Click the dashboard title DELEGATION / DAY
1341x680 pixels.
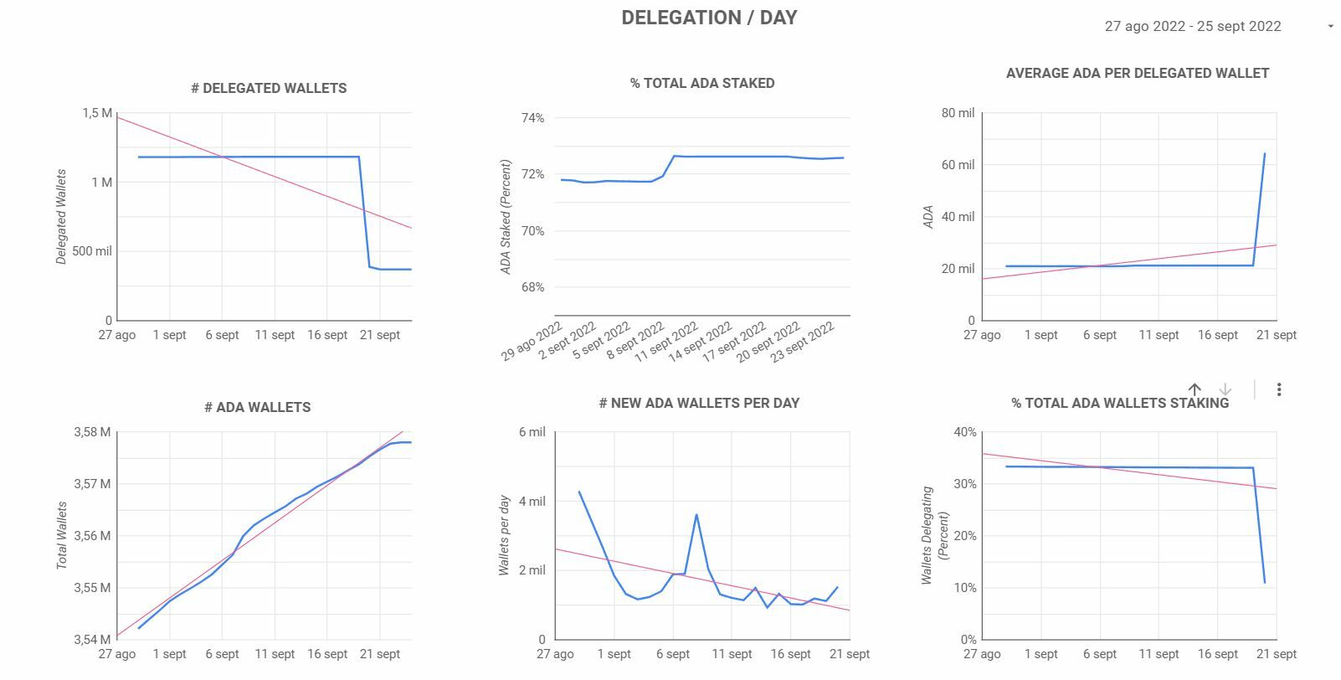coord(709,18)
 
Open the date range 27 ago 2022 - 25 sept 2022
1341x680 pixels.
coord(1192,26)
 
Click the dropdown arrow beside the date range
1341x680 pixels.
coord(1330,26)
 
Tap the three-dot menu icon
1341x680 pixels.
coord(1279,389)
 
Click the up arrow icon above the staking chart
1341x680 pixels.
coord(1195,389)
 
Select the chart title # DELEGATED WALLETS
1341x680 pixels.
coord(269,88)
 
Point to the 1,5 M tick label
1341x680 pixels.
coord(97,113)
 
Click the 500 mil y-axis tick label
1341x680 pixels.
coord(91,251)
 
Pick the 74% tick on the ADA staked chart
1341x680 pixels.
coord(532,118)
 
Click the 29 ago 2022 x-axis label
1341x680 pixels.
coord(532,342)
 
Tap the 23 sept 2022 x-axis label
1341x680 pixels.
coord(803,342)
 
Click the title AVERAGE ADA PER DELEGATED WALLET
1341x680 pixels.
coord(1137,73)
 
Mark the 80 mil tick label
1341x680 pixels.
coord(958,113)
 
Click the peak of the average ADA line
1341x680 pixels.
coord(1264,154)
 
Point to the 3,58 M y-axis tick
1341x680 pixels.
coord(92,432)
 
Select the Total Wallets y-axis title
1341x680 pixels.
coord(62,536)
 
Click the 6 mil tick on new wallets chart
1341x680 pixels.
coord(532,432)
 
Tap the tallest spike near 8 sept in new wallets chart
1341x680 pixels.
coord(696,515)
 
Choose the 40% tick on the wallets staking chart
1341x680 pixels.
coord(965,432)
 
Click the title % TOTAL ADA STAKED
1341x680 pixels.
coord(702,83)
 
